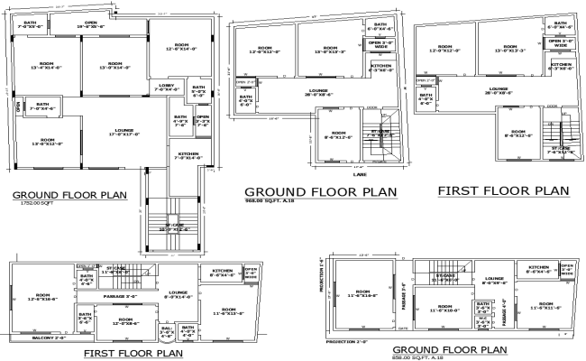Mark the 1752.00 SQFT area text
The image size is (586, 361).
(x=32, y=205)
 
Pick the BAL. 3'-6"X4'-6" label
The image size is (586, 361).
(x=166, y=332)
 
